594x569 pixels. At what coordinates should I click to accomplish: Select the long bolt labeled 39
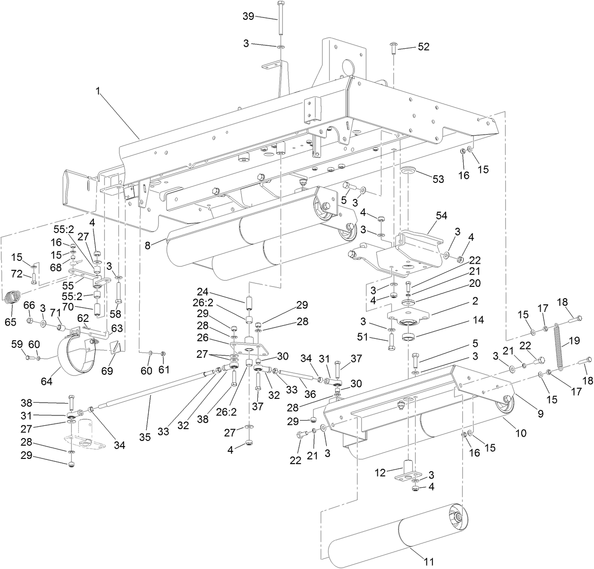click(x=281, y=19)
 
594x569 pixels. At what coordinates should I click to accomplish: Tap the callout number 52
click(x=424, y=46)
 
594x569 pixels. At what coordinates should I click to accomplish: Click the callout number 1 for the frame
click(x=98, y=92)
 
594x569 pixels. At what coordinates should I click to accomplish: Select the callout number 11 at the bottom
click(x=429, y=561)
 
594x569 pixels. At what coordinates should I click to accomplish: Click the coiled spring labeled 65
click(x=13, y=298)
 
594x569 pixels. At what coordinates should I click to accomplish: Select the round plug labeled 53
click(x=408, y=170)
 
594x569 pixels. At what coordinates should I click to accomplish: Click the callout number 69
click(x=108, y=371)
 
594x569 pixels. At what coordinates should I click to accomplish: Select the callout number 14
click(x=478, y=320)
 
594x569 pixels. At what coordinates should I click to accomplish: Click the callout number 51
click(x=375, y=337)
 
